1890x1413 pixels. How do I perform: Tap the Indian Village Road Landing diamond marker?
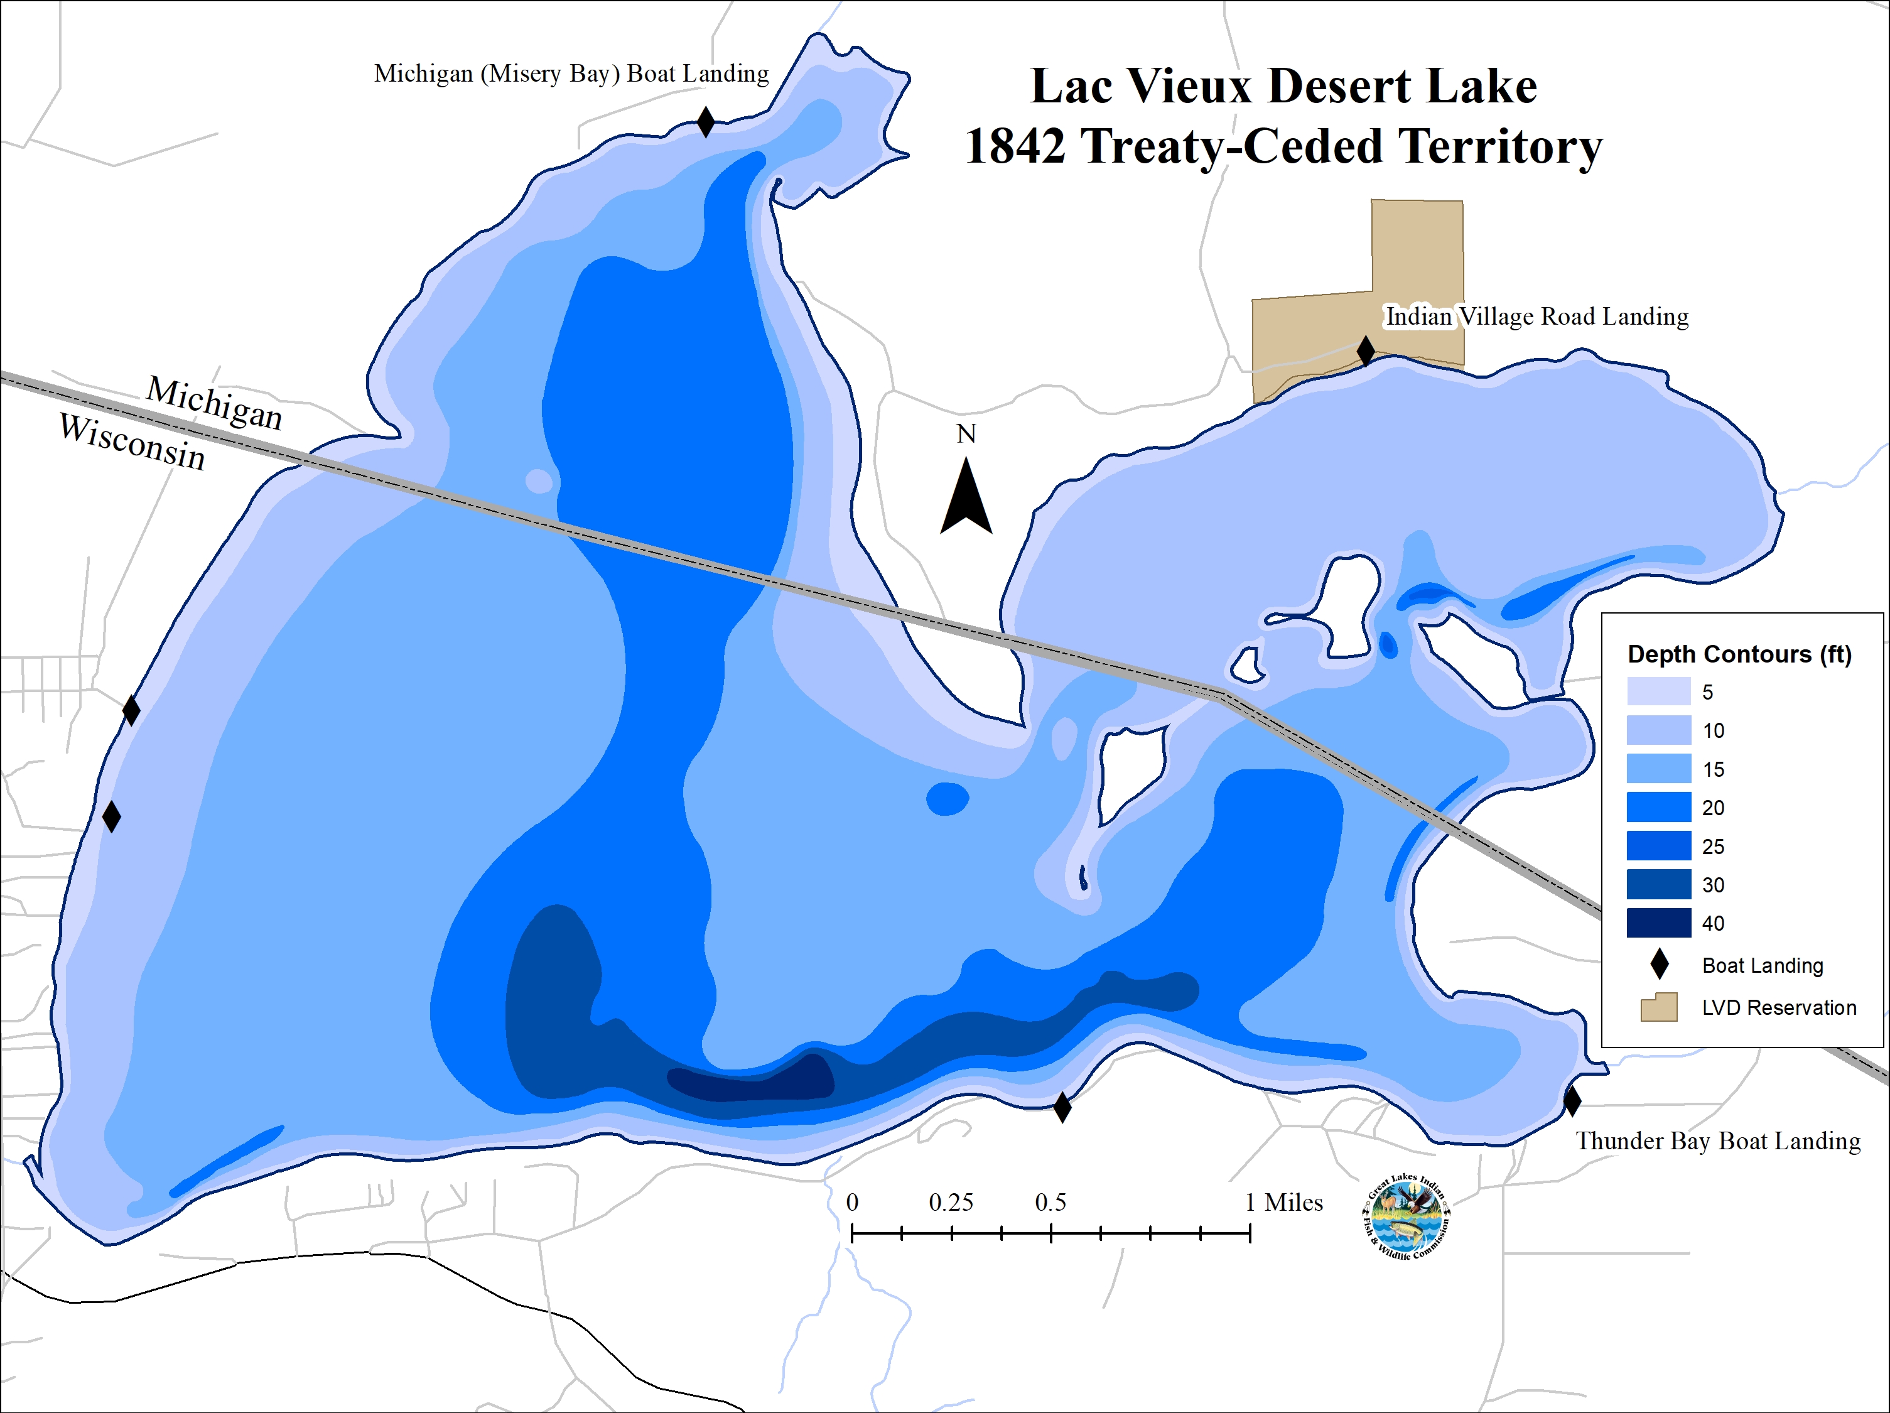click(1365, 350)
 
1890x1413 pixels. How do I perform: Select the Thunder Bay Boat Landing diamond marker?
click(1572, 1101)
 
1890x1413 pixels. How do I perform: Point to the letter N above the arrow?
click(966, 434)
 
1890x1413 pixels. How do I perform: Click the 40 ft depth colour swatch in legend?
click(1658, 923)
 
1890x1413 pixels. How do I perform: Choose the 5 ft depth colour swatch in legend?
click(1658, 691)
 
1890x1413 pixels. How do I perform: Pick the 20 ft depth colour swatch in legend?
click(1658, 808)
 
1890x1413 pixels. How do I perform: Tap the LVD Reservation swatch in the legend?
click(1658, 1007)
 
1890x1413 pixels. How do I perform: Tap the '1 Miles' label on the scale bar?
click(1283, 1203)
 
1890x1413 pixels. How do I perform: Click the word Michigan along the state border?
click(215, 403)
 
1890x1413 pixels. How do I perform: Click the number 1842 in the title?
click(1015, 146)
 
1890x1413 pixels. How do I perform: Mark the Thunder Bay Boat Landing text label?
click(1717, 1141)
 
